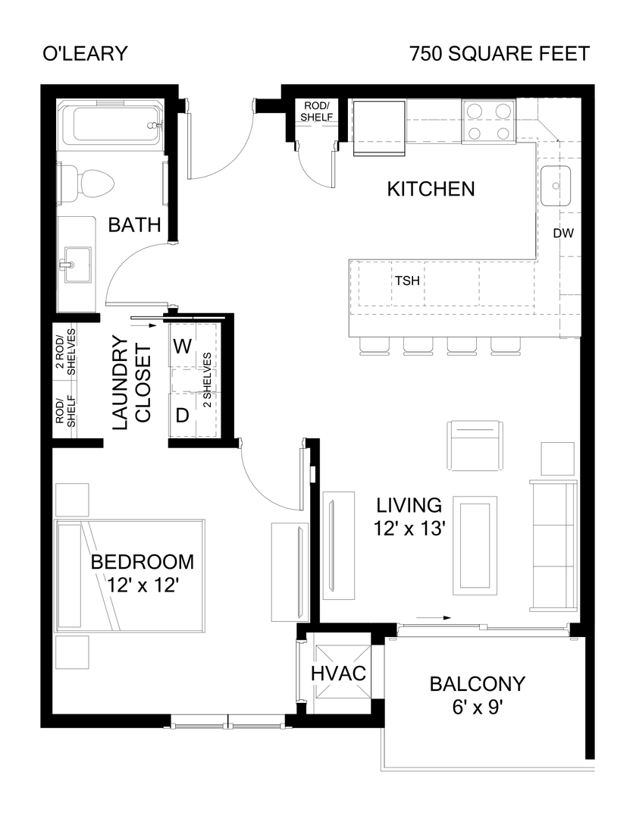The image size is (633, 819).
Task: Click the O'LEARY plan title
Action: [x=85, y=55]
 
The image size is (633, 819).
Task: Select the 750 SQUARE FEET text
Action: [x=498, y=55]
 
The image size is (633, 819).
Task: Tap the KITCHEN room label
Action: [x=431, y=189]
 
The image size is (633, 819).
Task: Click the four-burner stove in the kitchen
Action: [x=487, y=122]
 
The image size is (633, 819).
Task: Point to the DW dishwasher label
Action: [x=562, y=234]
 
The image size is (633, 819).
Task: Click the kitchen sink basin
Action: [x=556, y=186]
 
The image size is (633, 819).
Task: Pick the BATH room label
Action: [x=134, y=225]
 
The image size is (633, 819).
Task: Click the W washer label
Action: [x=182, y=347]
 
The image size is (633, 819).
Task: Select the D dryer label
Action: [x=182, y=415]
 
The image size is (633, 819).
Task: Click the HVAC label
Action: [x=339, y=673]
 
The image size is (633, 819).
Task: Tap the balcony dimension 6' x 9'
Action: [x=476, y=708]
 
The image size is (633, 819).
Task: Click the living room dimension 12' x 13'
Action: [x=409, y=529]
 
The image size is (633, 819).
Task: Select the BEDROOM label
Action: [x=142, y=562]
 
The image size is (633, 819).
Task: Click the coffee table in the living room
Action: [x=475, y=546]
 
